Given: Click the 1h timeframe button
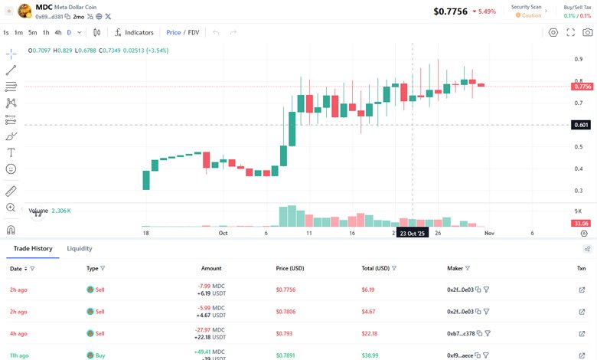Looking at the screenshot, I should click(46, 32).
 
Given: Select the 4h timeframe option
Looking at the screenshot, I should click(58, 32).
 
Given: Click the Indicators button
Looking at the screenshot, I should click(134, 32).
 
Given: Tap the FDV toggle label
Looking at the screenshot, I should click(194, 32).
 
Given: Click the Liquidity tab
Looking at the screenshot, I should click(80, 248).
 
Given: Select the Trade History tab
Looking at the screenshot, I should click(33, 248).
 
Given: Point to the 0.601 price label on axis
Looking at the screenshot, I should click(581, 125).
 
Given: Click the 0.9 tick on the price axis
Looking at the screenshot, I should click(579, 59).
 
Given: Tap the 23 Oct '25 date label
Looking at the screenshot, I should click(412, 233).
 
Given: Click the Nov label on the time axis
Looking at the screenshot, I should click(489, 232).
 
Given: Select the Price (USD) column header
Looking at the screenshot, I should click(290, 269).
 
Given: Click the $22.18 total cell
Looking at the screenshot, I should click(370, 333).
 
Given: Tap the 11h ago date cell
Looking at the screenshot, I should click(19, 355).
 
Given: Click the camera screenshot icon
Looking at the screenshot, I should click(587, 32).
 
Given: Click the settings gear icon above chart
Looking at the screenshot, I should click(553, 32).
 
